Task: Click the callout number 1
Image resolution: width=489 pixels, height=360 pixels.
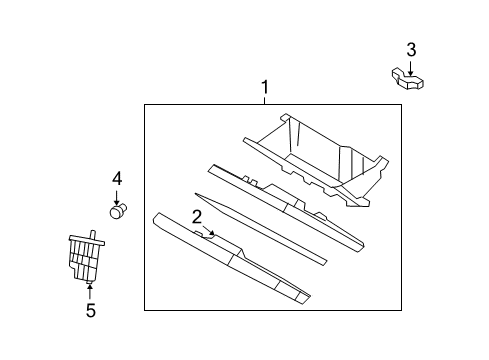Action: pos(265,88)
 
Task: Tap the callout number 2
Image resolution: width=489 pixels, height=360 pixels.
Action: pos(197,216)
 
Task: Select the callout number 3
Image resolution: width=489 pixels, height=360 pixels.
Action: pos(411,49)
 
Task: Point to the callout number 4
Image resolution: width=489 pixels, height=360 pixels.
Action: pos(117,179)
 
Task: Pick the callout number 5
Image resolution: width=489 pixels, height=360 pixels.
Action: pos(90,310)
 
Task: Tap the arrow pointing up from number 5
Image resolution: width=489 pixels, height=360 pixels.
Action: pos(90,291)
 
